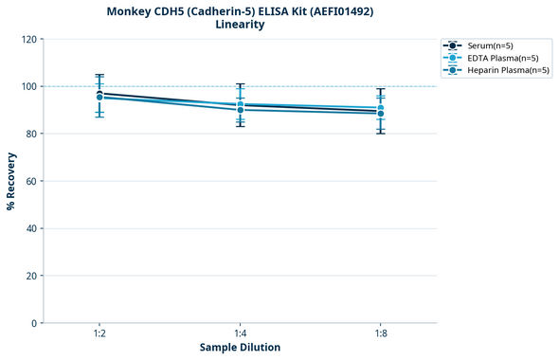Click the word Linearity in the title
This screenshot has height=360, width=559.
240,25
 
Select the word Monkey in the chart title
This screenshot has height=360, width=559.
133,10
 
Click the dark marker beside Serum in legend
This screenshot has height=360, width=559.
454,45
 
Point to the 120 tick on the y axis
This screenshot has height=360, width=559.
28,39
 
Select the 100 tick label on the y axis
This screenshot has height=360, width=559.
28,86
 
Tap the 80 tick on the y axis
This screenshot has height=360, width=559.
31,134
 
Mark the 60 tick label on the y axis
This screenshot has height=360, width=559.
31,181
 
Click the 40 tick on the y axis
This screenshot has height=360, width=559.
31,228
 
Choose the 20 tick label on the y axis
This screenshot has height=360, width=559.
31,276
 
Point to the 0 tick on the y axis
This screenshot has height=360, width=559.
34,323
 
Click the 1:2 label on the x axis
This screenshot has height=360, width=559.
99,333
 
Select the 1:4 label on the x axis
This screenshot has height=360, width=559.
240,333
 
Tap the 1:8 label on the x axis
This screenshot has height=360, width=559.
380,333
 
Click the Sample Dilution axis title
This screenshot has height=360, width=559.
240,348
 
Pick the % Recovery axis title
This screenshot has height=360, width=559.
11,181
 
